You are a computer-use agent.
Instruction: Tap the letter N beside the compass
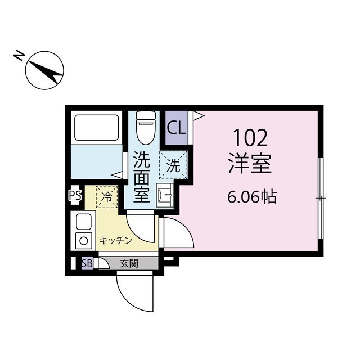coord(19,56)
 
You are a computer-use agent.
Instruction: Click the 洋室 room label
coord(249,163)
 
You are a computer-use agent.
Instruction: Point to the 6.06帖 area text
coord(252,197)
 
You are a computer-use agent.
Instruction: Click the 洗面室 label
coord(141,177)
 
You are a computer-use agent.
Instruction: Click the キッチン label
coord(116,240)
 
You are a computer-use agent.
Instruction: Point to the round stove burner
coord(83,241)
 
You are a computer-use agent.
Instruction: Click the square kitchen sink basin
coord(83,222)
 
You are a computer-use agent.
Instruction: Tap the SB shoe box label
coord(87,263)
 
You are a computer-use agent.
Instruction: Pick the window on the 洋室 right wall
coord(321,198)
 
